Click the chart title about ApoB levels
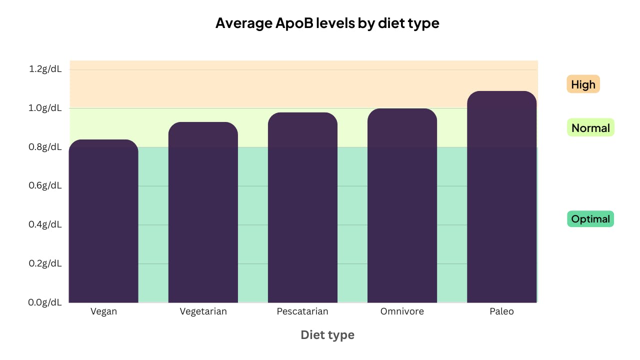pyautogui.click(x=327, y=23)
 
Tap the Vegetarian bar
pyautogui.click(x=203, y=212)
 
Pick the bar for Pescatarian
pyautogui.click(x=302, y=207)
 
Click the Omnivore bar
pyautogui.click(x=402, y=205)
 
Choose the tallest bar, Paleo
pyautogui.click(x=501, y=197)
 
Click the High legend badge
pyautogui.click(x=583, y=84)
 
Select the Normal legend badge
pyautogui.click(x=590, y=128)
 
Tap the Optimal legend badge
pyautogui.click(x=590, y=219)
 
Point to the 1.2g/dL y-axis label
pyautogui.click(x=45, y=69)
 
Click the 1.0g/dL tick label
pyautogui.click(x=45, y=108)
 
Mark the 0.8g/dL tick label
pyautogui.click(x=45, y=147)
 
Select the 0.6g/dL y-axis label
pyautogui.click(x=45, y=185)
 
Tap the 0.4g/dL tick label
pyautogui.click(x=45, y=224)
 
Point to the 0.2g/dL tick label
pyautogui.click(x=45, y=263)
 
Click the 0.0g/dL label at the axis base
pyautogui.click(x=45, y=302)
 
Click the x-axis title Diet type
pyautogui.click(x=327, y=335)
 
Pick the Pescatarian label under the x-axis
pyautogui.click(x=302, y=311)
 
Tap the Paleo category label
pyautogui.click(x=501, y=311)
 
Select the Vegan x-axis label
pyautogui.click(x=103, y=311)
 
